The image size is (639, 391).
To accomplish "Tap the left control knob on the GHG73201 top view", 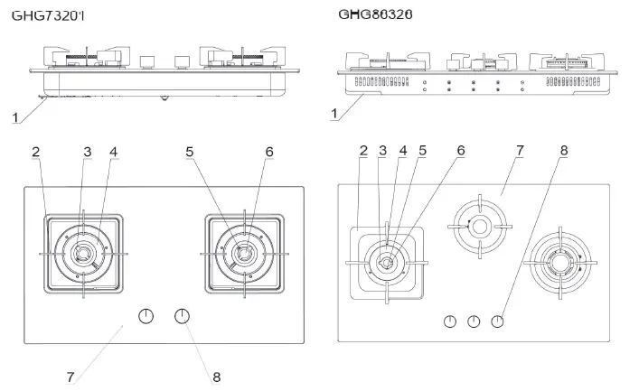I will pos(146,316).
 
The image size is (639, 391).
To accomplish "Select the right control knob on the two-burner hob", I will pos(183,316).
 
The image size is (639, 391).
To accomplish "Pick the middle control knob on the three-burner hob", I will pos(473,321).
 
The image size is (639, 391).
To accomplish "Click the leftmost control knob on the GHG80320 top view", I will pos(449,321).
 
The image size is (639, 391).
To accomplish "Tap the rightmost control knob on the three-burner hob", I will pos(497,321).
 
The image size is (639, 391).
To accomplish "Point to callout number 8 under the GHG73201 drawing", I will pos(217,376).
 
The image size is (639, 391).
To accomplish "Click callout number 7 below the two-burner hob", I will pos(70,376).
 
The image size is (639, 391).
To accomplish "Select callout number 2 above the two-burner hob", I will pos(35,153).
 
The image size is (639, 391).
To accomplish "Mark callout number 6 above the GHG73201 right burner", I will pos(268,153).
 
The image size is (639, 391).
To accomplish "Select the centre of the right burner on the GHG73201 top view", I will pos(242,254).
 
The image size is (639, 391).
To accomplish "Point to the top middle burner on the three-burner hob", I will pos(478,224).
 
